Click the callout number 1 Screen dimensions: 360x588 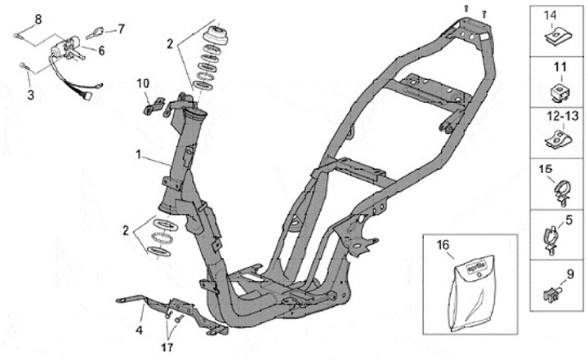(x=139, y=153)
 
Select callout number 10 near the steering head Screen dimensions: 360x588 (x=143, y=82)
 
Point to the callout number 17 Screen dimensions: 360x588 (x=168, y=345)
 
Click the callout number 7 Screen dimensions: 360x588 (x=121, y=29)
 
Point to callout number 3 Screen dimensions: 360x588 (x=32, y=96)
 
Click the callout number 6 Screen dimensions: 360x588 (x=102, y=50)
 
